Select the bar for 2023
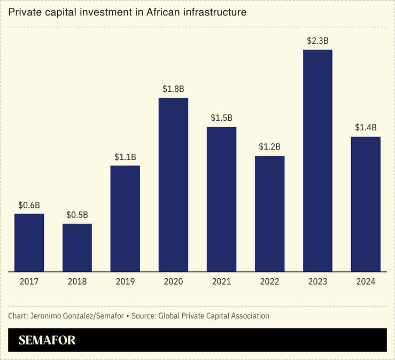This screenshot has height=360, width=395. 317,160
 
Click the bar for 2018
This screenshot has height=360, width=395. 77,247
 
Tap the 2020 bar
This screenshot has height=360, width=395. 173,184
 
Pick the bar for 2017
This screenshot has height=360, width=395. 29,242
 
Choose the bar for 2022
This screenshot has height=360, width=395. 269,214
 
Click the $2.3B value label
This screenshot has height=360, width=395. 317,41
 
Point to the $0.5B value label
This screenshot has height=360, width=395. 77,215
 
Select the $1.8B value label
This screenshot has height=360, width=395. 173,89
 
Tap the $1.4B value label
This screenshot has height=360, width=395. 366,128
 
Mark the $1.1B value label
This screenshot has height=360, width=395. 125,157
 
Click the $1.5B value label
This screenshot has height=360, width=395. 221,118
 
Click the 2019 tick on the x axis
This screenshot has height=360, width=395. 125,281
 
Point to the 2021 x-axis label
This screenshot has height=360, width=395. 221,281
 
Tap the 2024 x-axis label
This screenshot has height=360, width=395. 366,281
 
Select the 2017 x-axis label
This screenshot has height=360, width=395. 29,281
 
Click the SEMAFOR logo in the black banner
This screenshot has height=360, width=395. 47,340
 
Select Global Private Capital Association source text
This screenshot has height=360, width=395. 213,316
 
